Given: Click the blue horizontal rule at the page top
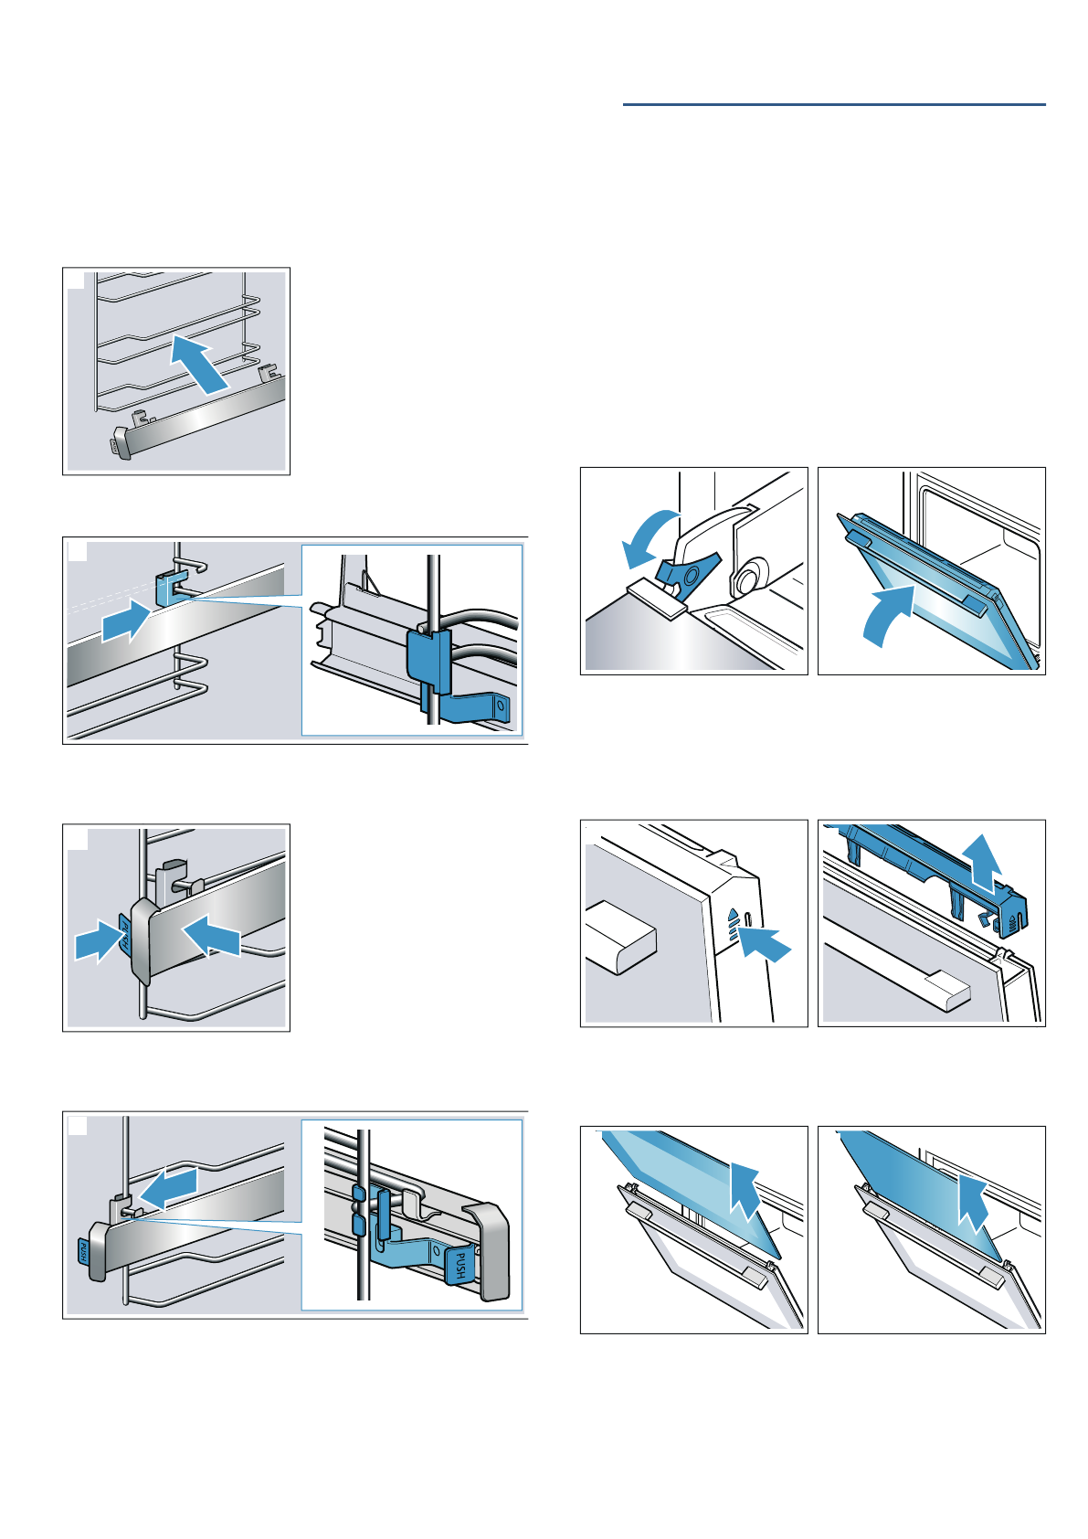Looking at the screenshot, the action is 834,105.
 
